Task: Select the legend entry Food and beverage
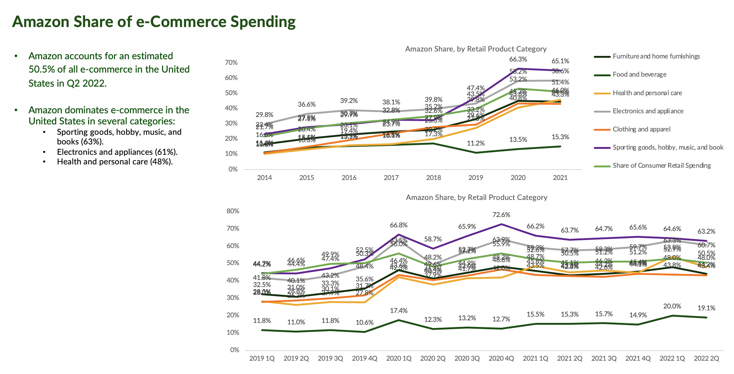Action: (x=639, y=74)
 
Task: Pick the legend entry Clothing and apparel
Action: (x=641, y=129)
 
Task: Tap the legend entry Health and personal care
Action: (x=647, y=93)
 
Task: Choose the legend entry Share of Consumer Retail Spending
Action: (x=661, y=166)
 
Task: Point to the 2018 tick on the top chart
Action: (x=433, y=178)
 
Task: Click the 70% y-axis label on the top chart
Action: (x=231, y=63)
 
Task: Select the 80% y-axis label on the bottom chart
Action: (x=233, y=211)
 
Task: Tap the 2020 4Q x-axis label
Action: (x=501, y=358)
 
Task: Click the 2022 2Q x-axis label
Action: (x=706, y=358)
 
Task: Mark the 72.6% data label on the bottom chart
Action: (x=501, y=215)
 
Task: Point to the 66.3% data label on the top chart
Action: (x=518, y=59)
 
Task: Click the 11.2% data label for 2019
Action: (x=476, y=143)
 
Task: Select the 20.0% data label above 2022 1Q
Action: (x=672, y=306)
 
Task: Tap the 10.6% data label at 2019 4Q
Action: (x=364, y=323)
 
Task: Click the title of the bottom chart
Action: (x=477, y=197)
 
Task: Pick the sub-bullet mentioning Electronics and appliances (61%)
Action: (x=117, y=152)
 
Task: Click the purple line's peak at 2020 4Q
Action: (x=501, y=224)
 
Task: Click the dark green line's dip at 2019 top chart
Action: (x=476, y=153)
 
